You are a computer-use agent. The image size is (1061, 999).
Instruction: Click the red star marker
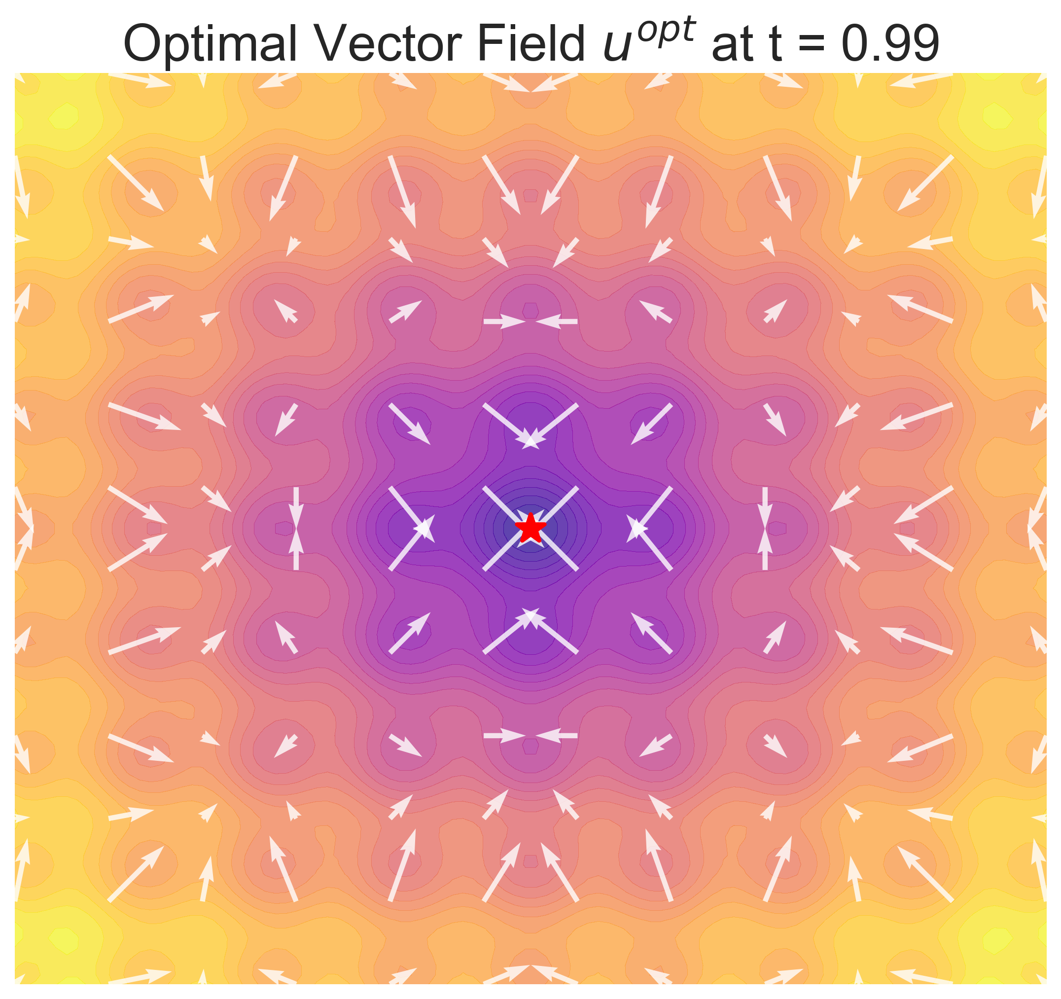[530, 528]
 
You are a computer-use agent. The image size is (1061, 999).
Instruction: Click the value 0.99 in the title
[890, 43]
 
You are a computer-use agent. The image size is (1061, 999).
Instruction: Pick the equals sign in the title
[811, 45]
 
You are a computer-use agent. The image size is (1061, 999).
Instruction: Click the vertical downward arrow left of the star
[296, 507]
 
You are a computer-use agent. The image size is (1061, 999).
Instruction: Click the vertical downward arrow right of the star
[765, 507]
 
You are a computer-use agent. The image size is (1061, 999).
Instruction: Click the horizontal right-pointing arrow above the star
[505, 321]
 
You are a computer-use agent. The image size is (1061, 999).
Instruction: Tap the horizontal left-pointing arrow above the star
[556, 321]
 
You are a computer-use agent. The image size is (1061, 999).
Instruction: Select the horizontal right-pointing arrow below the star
[505, 735]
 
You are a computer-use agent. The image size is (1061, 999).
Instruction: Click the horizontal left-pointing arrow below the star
[556, 735]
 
